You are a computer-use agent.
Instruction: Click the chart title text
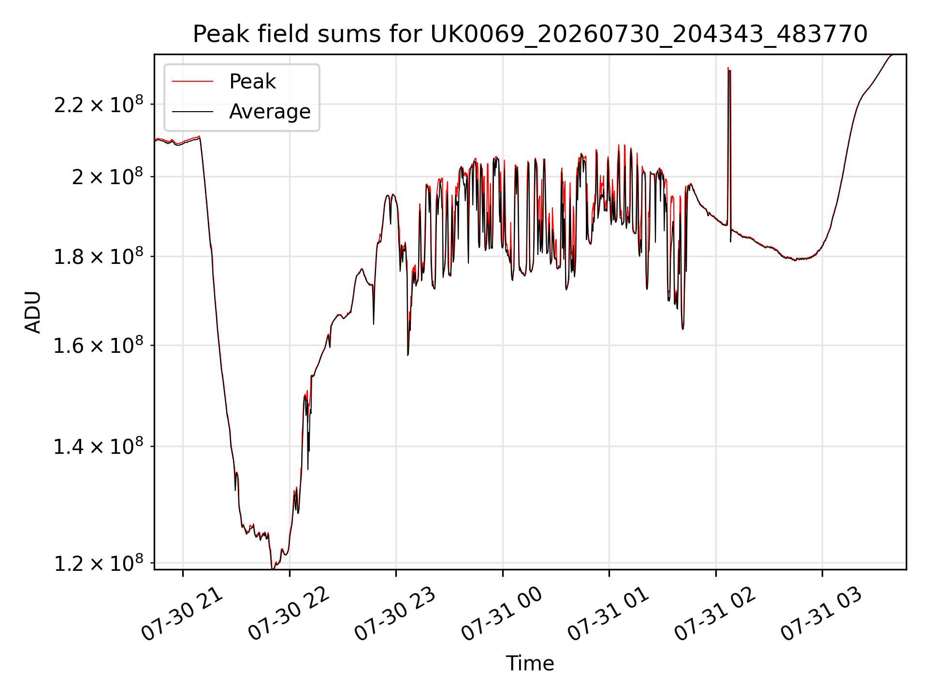point(530,34)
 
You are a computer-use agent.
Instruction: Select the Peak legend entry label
point(252,82)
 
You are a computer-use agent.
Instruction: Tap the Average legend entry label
point(270,112)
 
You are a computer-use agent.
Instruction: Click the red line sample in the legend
point(192,82)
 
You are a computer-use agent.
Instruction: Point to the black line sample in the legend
point(192,112)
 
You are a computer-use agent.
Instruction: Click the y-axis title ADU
point(33,312)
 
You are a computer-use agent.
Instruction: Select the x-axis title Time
point(530,664)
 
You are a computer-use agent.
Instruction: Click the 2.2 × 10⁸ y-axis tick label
point(99,104)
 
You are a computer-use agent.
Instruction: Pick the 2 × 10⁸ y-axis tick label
point(107,177)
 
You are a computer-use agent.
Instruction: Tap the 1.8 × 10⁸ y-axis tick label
point(99,257)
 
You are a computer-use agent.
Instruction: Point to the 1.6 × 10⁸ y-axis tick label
point(99,346)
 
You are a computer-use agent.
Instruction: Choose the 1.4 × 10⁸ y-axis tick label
point(99,447)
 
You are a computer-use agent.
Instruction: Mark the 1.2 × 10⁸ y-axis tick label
point(99,563)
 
